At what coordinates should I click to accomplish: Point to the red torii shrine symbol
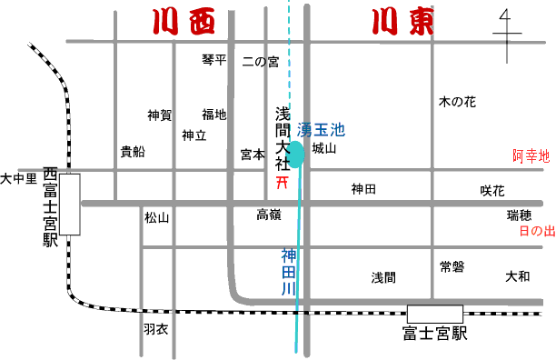click(x=283, y=182)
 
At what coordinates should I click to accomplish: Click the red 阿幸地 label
click(x=531, y=156)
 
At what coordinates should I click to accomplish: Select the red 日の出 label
click(x=536, y=232)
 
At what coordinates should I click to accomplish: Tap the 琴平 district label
click(x=213, y=60)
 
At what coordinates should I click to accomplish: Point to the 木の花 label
click(x=458, y=102)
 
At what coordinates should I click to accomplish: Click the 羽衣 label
click(x=156, y=329)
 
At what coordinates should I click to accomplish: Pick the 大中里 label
click(x=19, y=178)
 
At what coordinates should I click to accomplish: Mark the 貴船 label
click(x=133, y=151)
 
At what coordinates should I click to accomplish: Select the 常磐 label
click(x=452, y=242)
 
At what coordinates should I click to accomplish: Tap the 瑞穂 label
click(x=520, y=215)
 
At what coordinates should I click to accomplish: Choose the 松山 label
click(x=156, y=218)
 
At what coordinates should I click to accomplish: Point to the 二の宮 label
click(x=261, y=62)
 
